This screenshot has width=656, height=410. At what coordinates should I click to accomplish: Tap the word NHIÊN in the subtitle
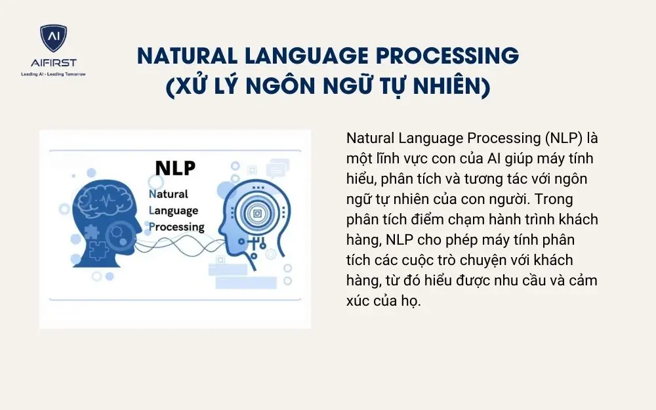(447, 87)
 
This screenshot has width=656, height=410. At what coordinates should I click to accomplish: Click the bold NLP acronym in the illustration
(174, 167)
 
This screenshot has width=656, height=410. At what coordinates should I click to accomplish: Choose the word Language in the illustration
(174, 211)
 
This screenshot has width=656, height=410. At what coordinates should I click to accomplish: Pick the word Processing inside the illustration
(176, 227)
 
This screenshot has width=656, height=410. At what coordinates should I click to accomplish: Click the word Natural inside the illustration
(169, 194)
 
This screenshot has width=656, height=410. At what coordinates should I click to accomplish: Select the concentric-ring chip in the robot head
(256, 213)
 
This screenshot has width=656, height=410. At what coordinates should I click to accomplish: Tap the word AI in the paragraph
(496, 159)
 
